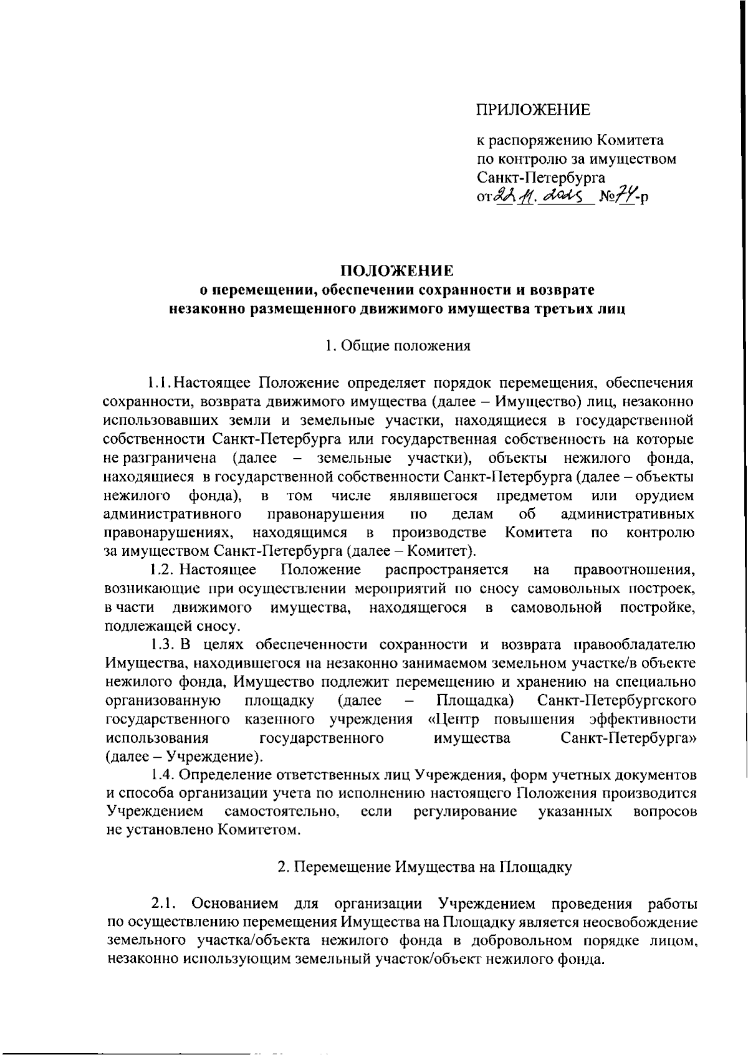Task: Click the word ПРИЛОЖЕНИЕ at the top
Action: tap(533, 111)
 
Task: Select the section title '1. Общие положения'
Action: tap(398, 346)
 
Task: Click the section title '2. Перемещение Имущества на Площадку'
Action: tap(424, 867)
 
